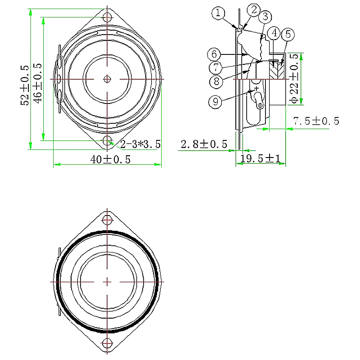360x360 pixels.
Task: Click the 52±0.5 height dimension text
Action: pyautogui.click(x=24, y=85)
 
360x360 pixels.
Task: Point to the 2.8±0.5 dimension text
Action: pyautogui.click(x=203, y=144)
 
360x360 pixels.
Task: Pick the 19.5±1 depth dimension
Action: pyautogui.click(x=261, y=158)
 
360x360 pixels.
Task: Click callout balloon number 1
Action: pyautogui.click(x=218, y=13)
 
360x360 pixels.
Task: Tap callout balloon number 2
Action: pyautogui.click(x=254, y=9)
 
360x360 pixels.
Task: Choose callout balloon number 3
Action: pyautogui.click(x=265, y=17)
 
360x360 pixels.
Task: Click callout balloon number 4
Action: pyautogui.click(x=274, y=33)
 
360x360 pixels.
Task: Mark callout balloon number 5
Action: pyautogui.click(x=288, y=34)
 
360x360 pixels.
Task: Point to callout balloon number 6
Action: pyautogui.click(x=214, y=54)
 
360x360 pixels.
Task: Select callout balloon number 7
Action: pyautogui.click(x=217, y=67)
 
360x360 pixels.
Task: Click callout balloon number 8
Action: pyautogui.click(x=217, y=81)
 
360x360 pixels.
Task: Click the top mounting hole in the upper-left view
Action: pyautogui.click(x=107, y=18)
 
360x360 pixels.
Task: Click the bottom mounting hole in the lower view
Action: pyautogui.click(x=107, y=343)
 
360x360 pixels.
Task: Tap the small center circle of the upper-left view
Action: pyautogui.click(x=107, y=79)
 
